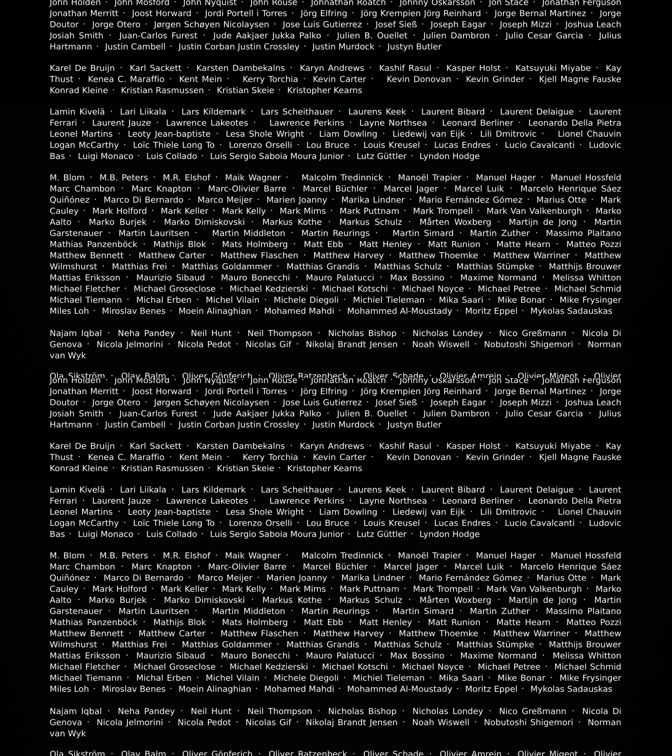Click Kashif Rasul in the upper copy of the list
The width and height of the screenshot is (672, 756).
click(405, 68)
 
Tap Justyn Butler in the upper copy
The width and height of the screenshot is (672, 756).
click(414, 47)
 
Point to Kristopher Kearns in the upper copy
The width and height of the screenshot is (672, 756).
click(324, 90)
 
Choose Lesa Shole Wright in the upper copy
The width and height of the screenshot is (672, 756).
click(265, 134)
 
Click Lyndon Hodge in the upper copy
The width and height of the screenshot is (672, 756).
click(449, 156)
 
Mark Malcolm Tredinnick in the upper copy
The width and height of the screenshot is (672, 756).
click(342, 178)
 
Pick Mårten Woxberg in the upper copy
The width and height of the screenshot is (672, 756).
click(455, 222)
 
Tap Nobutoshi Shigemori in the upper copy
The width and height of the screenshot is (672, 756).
click(528, 344)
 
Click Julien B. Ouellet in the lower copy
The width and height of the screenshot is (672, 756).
click(372, 413)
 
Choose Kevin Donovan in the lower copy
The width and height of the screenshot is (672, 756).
click(419, 457)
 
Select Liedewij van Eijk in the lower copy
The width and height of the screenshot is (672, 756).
click(429, 512)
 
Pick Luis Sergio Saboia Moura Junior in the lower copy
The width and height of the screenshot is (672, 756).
click(277, 534)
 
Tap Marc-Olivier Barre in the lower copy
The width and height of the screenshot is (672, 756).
click(247, 567)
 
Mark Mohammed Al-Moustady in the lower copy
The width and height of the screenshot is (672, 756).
click(400, 689)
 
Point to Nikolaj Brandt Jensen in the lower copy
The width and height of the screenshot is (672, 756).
click(351, 722)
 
